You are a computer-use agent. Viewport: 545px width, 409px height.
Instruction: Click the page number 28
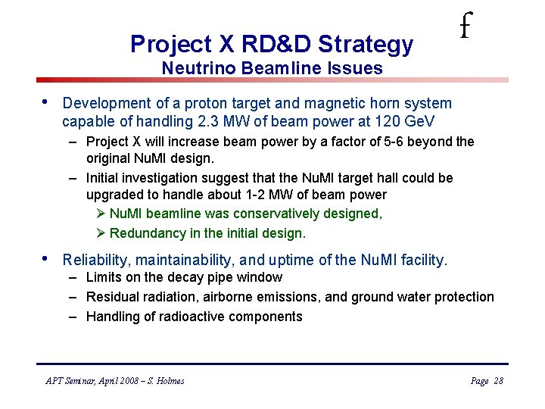pos(497,381)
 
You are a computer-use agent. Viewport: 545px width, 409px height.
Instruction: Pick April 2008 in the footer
pos(110,381)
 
